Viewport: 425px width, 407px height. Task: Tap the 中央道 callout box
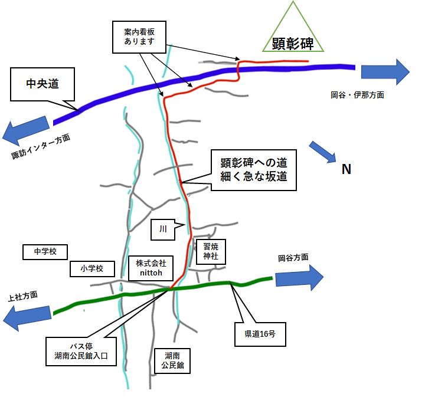[42, 84]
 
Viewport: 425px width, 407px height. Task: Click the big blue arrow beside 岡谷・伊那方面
[385, 72]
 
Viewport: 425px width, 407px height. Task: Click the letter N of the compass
[346, 169]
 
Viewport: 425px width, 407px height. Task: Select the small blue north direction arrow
[323, 152]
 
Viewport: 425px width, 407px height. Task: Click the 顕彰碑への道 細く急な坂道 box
[253, 169]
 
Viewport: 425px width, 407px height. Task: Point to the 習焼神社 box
[211, 252]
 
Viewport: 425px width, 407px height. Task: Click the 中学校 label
[45, 252]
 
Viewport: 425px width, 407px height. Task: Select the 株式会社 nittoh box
[151, 268]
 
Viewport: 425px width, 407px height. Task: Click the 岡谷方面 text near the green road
[293, 258]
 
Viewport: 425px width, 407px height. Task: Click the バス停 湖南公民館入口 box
[80, 350]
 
